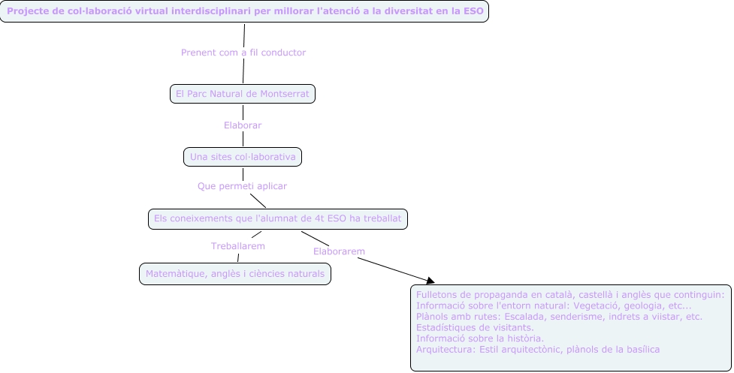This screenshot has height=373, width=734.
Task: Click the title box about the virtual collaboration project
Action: coord(244,12)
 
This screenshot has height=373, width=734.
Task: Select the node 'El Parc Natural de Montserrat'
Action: coord(242,94)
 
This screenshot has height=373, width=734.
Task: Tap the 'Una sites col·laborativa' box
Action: coord(242,157)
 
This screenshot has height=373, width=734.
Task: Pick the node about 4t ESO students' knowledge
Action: coord(278,218)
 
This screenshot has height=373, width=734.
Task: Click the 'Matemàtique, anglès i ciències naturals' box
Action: coord(234,274)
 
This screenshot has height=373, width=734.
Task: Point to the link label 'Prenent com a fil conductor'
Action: coord(243,53)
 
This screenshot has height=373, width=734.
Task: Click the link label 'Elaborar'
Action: coord(243,125)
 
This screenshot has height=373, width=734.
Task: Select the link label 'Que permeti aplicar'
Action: coord(242,185)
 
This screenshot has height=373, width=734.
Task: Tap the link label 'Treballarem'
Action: coord(237,245)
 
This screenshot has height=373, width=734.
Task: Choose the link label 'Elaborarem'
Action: coord(339,251)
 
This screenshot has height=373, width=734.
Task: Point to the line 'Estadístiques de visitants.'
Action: coord(475,327)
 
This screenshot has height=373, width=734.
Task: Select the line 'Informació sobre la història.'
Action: coord(479,338)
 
